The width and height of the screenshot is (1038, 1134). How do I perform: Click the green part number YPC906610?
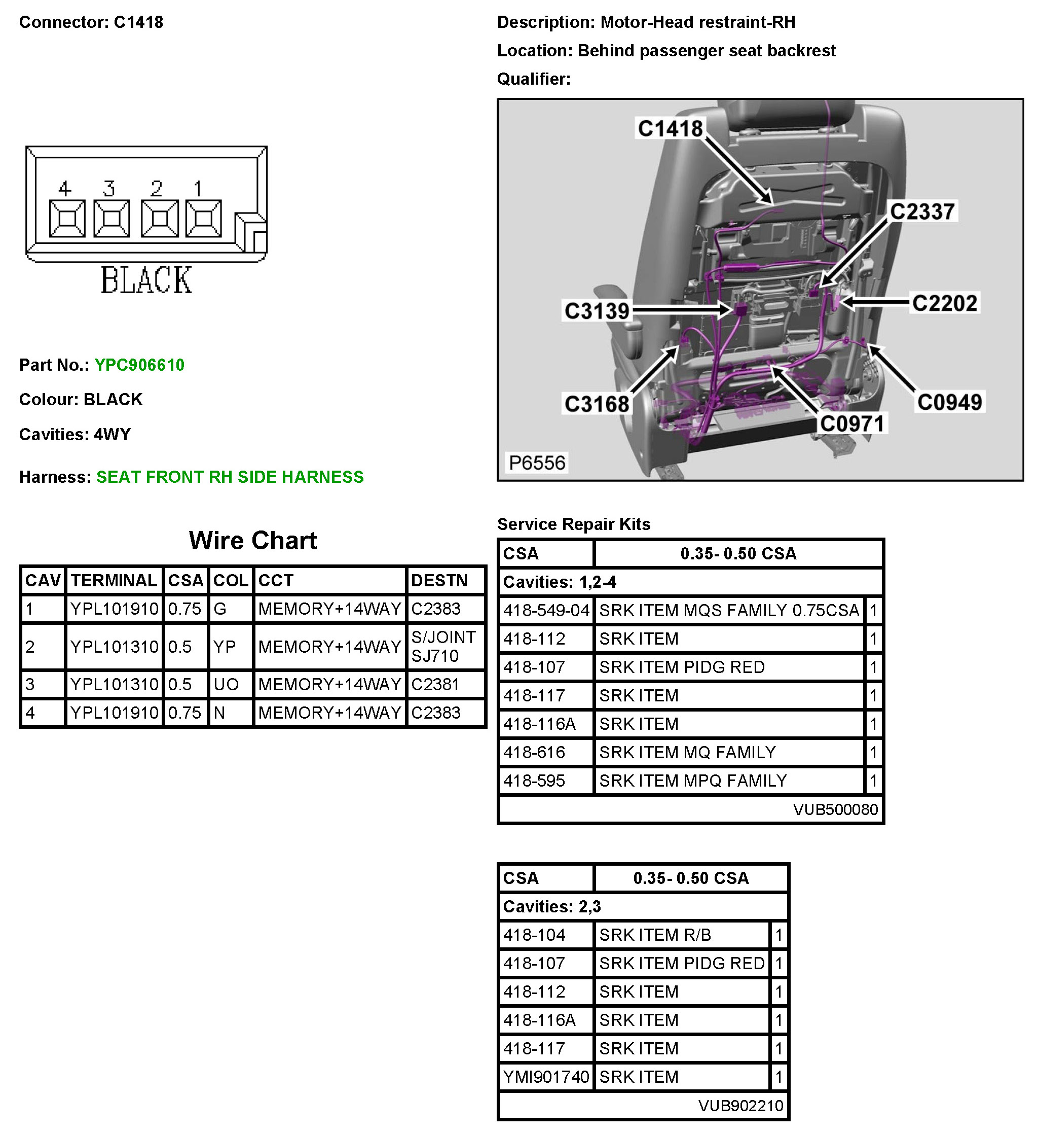[139, 365]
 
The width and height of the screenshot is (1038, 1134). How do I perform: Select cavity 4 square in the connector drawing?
[67, 218]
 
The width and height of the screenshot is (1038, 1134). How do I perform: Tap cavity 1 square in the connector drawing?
[203, 218]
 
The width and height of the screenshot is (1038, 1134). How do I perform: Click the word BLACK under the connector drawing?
[146, 280]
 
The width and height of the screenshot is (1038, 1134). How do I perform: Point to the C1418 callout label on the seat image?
[670, 129]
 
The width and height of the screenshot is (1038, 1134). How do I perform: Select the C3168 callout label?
[597, 404]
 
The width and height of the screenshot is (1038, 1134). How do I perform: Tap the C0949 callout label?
[949, 402]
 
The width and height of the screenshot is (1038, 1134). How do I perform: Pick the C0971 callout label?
[852, 423]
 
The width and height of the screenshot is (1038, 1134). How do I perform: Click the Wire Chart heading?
[252, 541]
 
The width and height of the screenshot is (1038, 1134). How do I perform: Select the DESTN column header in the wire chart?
[439, 581]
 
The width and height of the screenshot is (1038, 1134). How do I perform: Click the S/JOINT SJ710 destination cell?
[443, 646]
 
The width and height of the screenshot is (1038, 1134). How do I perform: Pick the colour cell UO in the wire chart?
[226, 685]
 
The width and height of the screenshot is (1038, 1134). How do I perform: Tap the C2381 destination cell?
[436, 685]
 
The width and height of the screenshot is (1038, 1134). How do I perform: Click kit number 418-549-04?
[546, 610]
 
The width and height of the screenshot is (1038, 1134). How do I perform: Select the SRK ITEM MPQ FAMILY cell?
[693, 781]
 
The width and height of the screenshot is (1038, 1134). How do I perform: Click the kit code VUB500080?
[835, 809]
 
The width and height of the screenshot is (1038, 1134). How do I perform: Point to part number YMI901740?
[546, 1077]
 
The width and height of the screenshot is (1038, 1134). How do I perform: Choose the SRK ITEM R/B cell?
[655, 935]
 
